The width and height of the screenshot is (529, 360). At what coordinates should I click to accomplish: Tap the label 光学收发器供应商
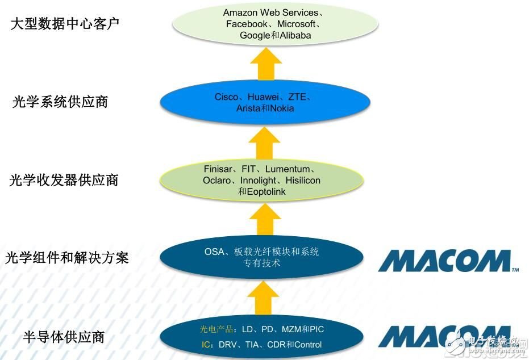point(64,181)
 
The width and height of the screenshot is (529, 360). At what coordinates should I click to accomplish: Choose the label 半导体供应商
point(64,337)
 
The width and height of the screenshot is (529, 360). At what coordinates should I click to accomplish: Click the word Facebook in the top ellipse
point(247,24)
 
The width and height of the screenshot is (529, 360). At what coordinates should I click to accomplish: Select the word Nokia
point(282,108)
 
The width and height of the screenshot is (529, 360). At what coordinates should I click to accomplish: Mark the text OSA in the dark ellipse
point(214,252)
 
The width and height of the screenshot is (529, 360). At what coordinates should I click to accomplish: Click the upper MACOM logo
point(448,261)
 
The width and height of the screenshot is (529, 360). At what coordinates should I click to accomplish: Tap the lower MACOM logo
point(448,337)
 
